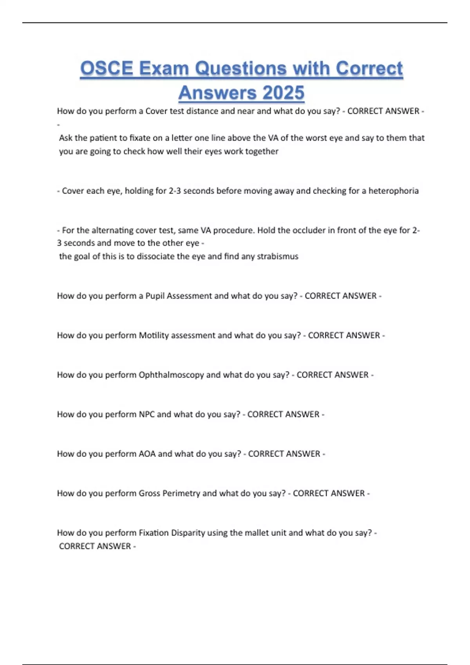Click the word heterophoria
393,191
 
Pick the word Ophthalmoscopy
171,375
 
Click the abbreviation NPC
146,414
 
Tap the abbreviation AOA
147,454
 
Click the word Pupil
155,296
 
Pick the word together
262,151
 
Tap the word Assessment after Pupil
190,296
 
